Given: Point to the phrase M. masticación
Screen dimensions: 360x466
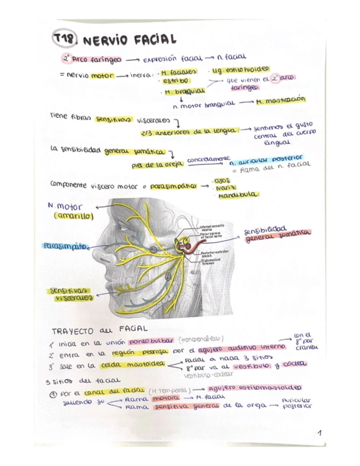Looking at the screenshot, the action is (280, 102).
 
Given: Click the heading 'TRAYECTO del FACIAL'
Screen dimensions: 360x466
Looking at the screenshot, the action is (94, 330).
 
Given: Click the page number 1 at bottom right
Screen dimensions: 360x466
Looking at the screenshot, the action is (319, 434).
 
